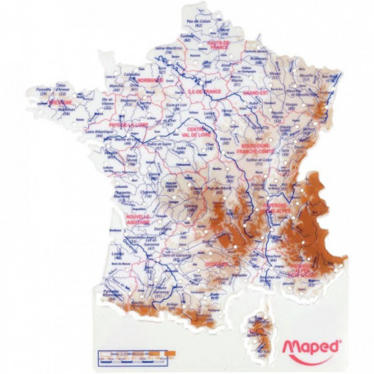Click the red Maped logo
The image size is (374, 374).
(311, 350)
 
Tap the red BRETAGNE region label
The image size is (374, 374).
(61, 105)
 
